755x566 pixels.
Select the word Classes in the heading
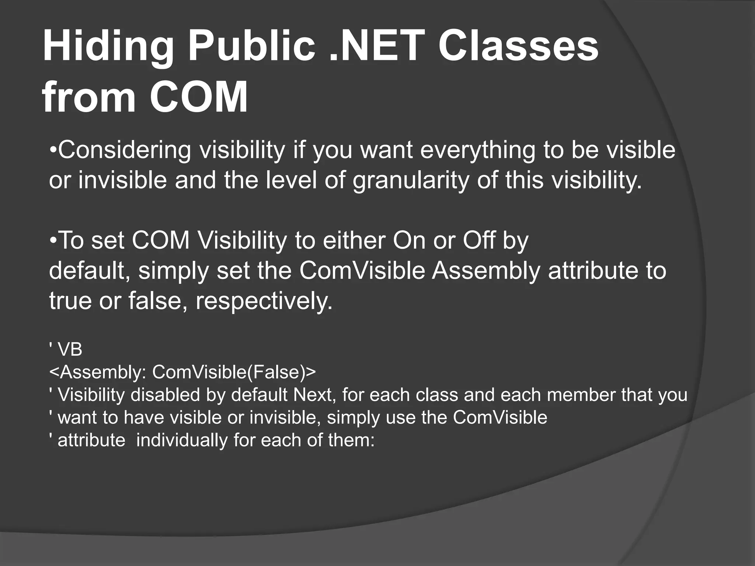tap(518, 47)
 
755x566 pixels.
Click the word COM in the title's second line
tap(198, 97)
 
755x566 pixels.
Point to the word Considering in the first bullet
tap(124, 151)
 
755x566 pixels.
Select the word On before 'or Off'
tap(409, 241)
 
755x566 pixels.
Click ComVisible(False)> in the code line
tap(234, 372)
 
